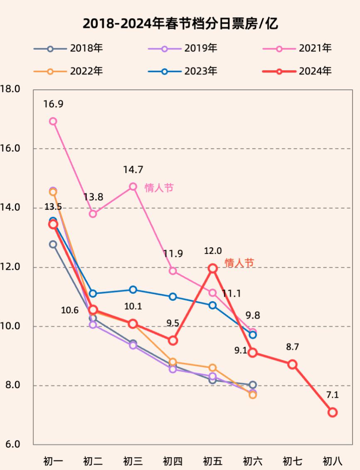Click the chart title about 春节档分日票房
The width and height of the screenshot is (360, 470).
point(180,24)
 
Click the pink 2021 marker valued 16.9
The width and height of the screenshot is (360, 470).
point(53,121)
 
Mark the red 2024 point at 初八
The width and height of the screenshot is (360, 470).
point(332,412)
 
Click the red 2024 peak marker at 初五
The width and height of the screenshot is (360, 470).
point(212,268)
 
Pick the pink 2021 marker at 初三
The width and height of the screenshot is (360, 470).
point(133,187)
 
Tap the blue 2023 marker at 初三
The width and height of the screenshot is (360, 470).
point(133,290)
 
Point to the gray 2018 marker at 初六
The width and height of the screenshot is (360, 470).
point(252,385)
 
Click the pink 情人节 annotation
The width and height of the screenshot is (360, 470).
point(159,188)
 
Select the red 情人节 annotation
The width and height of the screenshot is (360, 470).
point(239,263)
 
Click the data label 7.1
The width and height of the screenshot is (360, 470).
point(333,395)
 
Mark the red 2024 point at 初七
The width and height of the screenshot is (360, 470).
point(292,364)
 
